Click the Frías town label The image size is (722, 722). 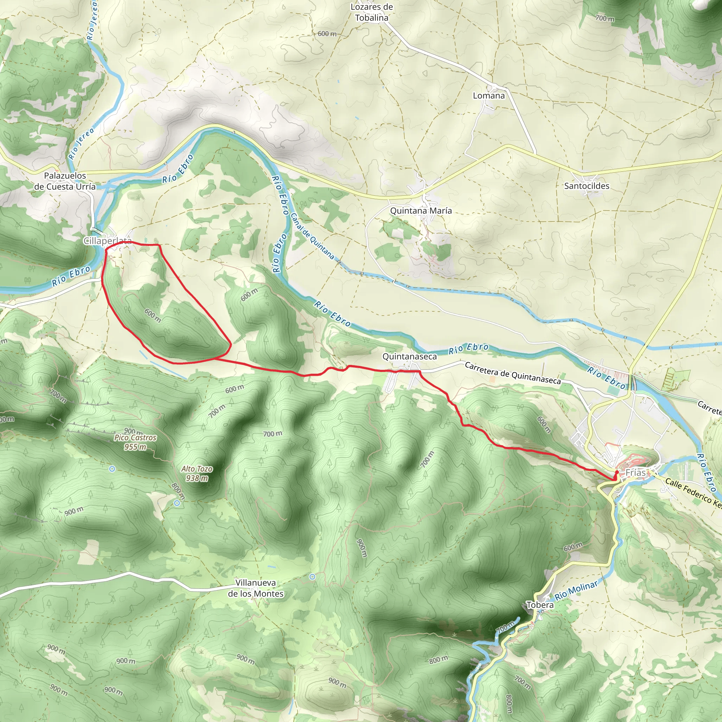[635, 473]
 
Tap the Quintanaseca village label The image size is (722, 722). [409, 356]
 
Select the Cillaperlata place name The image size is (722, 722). [107, 241]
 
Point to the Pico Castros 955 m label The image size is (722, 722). [135, 442]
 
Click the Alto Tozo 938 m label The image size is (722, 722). [197, 473]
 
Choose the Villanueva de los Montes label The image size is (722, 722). [256, 588]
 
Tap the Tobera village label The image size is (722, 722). [540, 605]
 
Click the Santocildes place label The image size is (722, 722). [586, 186]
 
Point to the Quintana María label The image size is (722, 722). [421, 211]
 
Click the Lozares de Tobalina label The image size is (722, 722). [372, 12]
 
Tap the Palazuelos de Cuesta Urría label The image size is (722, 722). [65, 181]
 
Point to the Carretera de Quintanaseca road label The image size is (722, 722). [512, 373]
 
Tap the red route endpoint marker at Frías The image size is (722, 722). [617, 473]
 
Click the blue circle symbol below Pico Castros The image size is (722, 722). [112, 469]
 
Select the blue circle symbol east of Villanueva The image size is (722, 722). [312, 577]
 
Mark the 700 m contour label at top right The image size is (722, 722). [605, 18]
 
